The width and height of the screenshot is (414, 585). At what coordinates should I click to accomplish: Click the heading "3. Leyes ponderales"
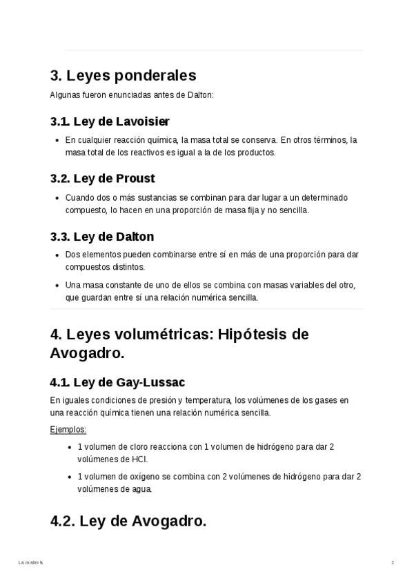click(x=123, y=75)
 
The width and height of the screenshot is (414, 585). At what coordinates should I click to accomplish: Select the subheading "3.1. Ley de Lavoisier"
click(x=110, y=121)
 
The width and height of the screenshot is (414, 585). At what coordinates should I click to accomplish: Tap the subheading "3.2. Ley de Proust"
click(x=102, y=179)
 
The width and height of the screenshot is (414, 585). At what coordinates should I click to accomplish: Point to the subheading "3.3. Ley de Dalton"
click(x=101, y=237)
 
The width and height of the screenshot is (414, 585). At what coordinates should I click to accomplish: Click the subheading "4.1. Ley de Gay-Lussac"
click(x=117, y=381)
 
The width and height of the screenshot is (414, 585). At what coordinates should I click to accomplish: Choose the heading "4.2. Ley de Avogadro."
click(x=128, y=522)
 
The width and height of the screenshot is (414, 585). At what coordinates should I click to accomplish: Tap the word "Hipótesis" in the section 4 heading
click(x=253, y=335)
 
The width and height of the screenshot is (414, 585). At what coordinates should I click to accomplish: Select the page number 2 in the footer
click(x=393, y=563)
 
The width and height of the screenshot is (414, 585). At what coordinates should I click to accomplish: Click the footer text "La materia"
click(x=31, y=563)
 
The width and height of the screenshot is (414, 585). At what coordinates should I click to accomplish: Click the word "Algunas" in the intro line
click(x=64, y=95)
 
